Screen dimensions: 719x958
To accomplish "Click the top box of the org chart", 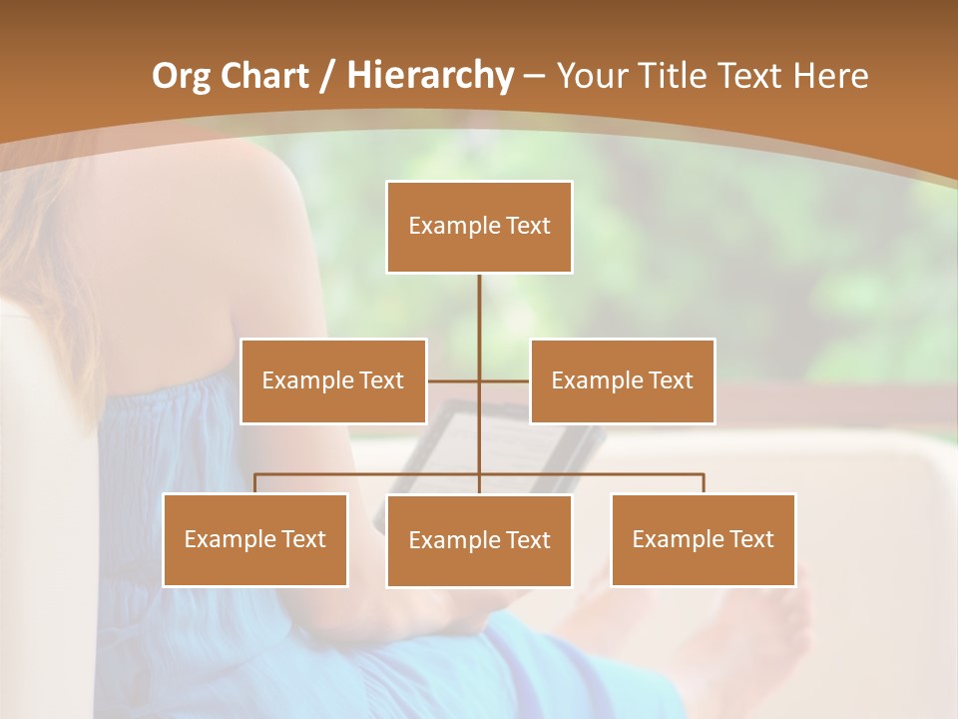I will pyautogui.click(x=479, y=227).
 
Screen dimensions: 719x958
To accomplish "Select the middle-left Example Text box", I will pyautogui.click(x=333, y=380).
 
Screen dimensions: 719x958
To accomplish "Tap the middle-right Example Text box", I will pyautogui.click(x=622, y=380).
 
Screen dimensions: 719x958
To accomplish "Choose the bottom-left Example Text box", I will pyautogui.click(x=254, y=539).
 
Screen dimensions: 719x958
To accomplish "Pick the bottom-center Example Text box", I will pyautogui.click(x=479, y=540).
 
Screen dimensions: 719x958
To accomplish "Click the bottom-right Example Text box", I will pyautogui.click(x=703, y=539).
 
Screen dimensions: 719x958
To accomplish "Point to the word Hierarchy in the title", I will pyautogui.click(x=430, y=75).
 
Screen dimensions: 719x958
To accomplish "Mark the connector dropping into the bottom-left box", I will pyautogui.click(x=254, y=483).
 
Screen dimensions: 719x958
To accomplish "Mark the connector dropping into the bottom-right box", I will pyautogui.click(x=704, y=483).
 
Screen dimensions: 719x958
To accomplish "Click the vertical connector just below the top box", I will pyautogui.click(x=479, y=300).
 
